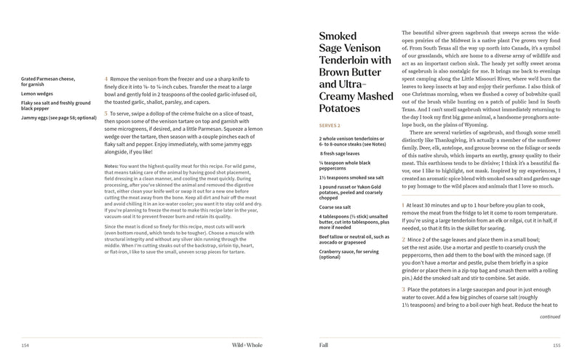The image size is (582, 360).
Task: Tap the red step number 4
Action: [106, 76]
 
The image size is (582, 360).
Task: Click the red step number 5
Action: [106, 113]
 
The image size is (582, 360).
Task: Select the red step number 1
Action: [402, 206]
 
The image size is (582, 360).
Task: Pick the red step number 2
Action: [402, 239]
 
